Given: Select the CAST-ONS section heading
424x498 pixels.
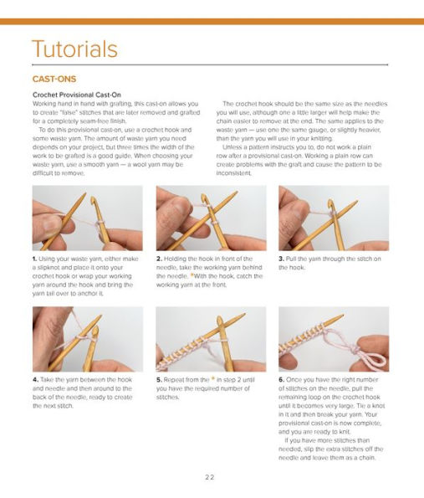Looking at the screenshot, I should [x=54, y=80].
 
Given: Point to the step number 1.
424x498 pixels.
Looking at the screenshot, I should [x=35, y=259].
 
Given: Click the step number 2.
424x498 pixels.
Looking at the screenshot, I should [x=159, y=259].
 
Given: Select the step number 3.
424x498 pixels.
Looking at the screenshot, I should [x=281, y=259].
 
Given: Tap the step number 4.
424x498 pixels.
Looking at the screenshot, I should [x=35, y=380].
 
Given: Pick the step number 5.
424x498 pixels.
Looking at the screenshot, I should [x=159, y=380].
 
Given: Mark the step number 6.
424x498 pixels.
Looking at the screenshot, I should [x=281, y=380].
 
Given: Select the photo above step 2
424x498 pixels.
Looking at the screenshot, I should [x=211, y=218].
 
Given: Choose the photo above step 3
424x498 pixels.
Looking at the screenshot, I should [x=333, y=218].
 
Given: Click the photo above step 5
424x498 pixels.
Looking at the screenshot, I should [x=211, y=339].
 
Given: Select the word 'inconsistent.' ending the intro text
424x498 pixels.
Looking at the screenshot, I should [x=238, y=173].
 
